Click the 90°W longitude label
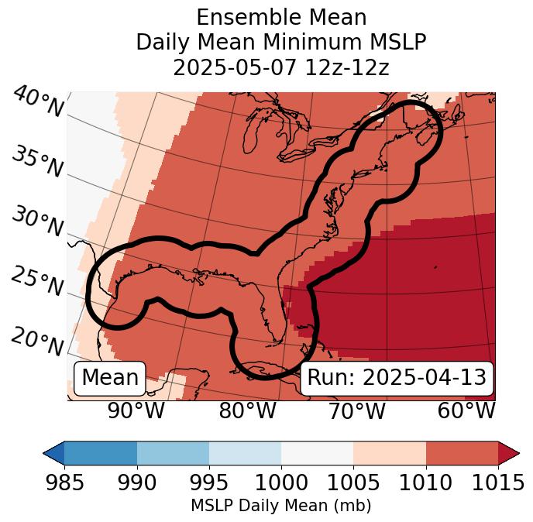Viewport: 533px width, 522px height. pos(136,410)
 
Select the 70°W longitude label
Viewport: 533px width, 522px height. pos(357,410)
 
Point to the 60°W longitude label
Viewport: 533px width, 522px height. pos(466,410)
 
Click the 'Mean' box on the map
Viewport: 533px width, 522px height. pos(110,378)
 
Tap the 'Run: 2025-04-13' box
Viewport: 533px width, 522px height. pos(397,378)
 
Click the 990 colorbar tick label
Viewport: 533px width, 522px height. pos(136,483)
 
